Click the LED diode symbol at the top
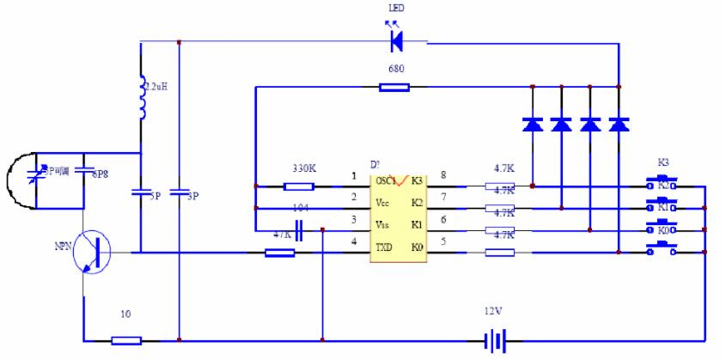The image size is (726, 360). pyautogui.click(x=396, y=40)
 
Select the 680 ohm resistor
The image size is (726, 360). pyautogui.click(x=394, y=87)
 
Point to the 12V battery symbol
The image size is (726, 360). pyautogui.click(x=492, y=341)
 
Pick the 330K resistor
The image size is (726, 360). pyautogui.click(x=298, y=186)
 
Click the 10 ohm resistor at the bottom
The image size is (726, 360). pyautogui.click(x=126, y=341)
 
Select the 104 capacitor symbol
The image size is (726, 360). pyautogui.click(x=300, y=229)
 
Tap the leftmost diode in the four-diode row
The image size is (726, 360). pyautogui.click(x=533, y=124)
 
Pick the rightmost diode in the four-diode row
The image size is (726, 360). pyautogui.click(x=619, y=124)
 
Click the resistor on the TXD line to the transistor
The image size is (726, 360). pyautogui.click(x=280, y=253)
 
